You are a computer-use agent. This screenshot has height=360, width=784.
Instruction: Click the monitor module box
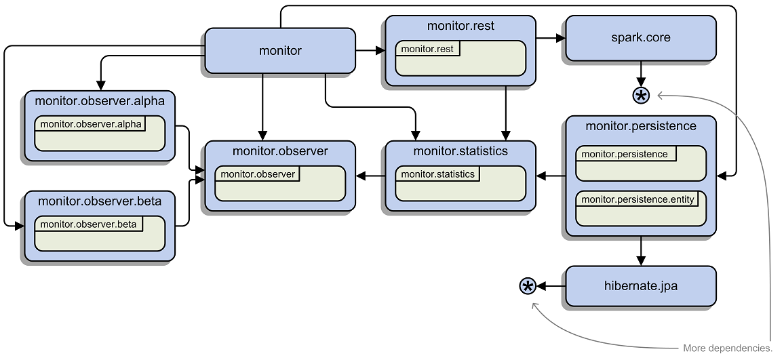click(280, 50)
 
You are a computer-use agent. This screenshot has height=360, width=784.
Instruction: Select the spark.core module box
click(640, 38)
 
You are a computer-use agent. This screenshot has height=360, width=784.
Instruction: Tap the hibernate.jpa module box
click(640, 286)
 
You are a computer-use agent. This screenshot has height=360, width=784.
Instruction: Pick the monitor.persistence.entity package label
click(638, 199)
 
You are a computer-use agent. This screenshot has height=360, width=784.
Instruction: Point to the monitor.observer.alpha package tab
click(91, 123)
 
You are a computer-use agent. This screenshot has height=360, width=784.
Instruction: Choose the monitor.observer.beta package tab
click(88, 224)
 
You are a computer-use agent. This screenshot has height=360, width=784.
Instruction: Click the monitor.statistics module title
click(460, 151)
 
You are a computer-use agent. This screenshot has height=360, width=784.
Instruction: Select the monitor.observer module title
click(280, 151)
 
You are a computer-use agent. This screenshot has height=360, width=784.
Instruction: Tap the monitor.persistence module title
click(640, 126)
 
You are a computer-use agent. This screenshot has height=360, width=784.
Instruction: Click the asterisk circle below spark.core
click(641, 96)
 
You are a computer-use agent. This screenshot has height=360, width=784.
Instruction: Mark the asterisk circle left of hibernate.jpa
click(528, 286)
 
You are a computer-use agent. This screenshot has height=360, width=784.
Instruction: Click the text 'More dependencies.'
click(728, 348)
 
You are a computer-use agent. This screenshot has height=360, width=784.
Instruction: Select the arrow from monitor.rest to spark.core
click(550, 38)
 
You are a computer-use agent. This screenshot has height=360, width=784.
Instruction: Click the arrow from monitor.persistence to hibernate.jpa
click(641, 251)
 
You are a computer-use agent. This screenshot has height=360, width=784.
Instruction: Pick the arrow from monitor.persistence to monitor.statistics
click(551, 176)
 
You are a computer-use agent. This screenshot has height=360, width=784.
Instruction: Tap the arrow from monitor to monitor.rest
click(370, 50)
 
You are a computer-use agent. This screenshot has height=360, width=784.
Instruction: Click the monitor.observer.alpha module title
click(100, 100)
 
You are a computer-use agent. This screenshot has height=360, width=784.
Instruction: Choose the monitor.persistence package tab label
click(625, 154)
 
